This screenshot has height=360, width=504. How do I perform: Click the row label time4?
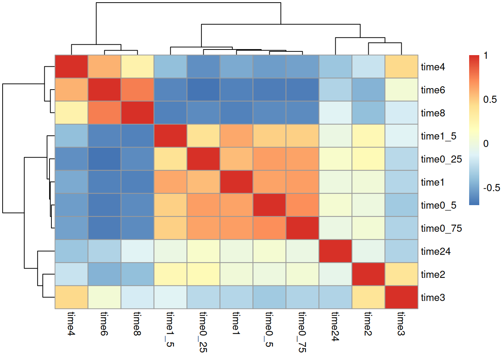point(433,67)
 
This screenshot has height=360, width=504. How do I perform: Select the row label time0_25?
point(441,159)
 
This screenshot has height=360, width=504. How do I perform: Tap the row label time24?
point(435,252)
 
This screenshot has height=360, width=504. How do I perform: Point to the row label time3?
point(433,298)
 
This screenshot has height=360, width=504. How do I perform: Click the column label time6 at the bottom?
point(104,323)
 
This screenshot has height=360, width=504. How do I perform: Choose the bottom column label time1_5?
point(170,329)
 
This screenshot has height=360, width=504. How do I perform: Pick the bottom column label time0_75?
point(302,332)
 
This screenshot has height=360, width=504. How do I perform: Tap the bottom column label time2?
point(368,323)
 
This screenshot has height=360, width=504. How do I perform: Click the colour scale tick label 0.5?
point(490,100)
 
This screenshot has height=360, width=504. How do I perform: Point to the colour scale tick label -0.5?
point(491,188)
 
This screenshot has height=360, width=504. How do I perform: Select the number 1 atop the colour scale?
point(486,56)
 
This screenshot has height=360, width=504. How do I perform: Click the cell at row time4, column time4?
point(72,67)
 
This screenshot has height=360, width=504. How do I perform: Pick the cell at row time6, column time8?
point(138,90)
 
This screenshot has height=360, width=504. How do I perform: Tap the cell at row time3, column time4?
point(72,297)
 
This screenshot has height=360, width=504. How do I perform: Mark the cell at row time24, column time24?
point(335,251)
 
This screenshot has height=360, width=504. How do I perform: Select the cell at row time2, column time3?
point(401,274)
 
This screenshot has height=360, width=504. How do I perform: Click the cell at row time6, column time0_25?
point(203,90)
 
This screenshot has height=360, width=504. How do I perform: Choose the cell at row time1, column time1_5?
point(170,182)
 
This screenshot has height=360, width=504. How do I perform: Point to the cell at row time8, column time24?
point(335,113)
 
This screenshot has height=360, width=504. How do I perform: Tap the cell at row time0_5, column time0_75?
point(302,205)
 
